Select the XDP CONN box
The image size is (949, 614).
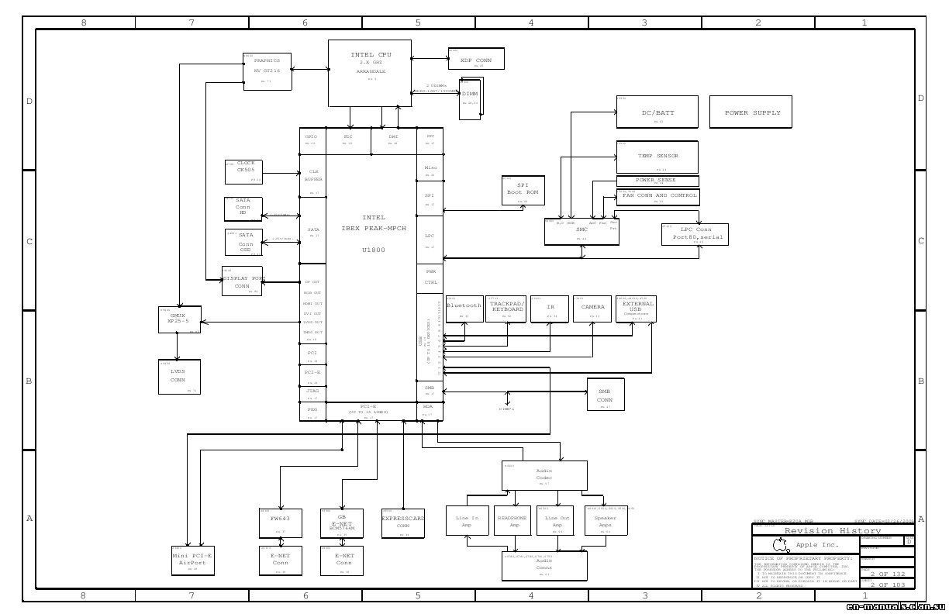click(475, 59)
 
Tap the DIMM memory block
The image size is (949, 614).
click(470, 98)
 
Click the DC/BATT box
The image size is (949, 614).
click(657, 112)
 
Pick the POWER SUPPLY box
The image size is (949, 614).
click(751, 112)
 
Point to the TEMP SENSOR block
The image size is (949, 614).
click(657, 157)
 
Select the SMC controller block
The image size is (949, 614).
click(581, 232)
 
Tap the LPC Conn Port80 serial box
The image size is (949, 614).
click(695, 234)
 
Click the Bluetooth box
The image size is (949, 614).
click(464, 309)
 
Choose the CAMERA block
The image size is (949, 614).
click(592, 309)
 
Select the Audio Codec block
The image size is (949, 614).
click(544, 475)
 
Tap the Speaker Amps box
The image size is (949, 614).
click(605, 520)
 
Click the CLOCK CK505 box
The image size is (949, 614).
click(244, 171)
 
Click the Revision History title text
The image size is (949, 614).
click(832, 531)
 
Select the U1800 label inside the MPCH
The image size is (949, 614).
click(373, 250)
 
